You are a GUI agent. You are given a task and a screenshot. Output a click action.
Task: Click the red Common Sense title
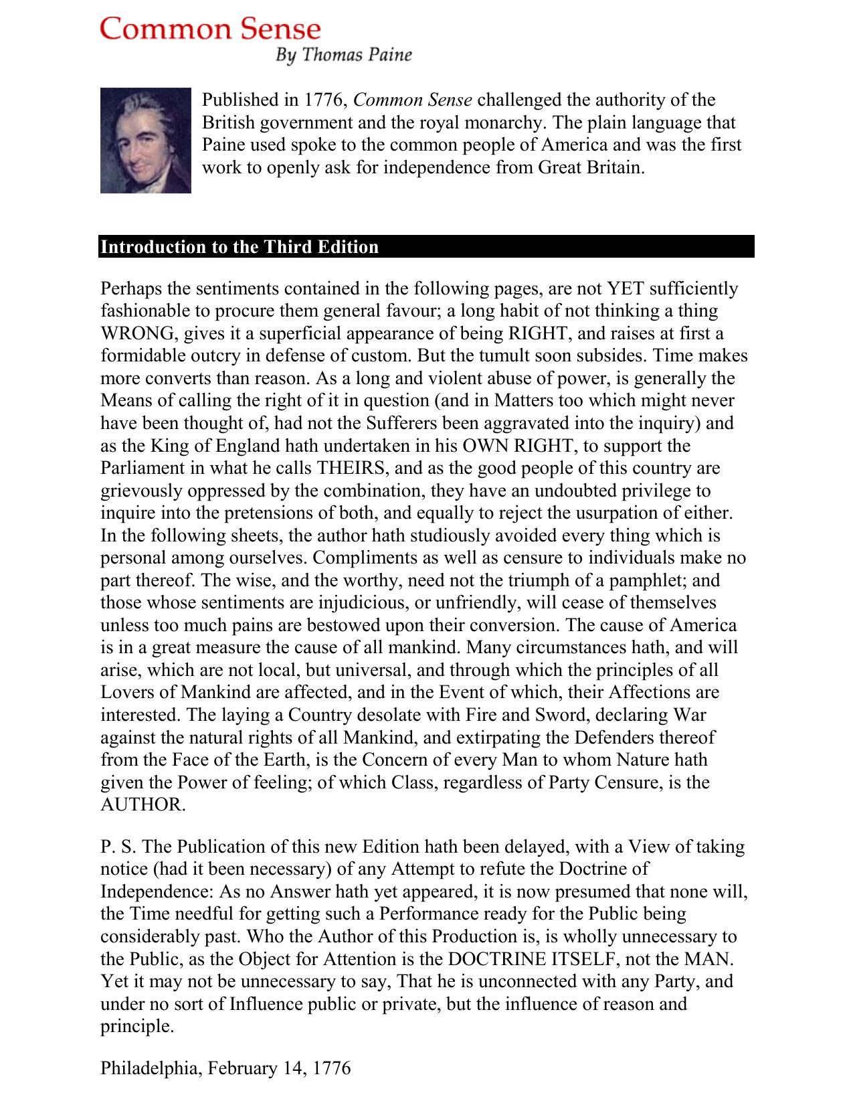coord(210,29)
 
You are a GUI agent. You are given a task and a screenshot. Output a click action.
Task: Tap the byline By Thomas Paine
coord(343,55)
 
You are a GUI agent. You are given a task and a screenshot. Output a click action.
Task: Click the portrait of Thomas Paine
coord(146,141)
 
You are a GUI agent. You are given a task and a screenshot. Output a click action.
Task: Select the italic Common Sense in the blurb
coord(413,100)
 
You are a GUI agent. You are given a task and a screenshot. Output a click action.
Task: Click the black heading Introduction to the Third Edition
coord(240,247)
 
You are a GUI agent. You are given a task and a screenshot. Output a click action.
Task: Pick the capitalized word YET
coord(625,289)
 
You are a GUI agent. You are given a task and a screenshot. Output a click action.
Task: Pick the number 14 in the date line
coord(294,1068)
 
